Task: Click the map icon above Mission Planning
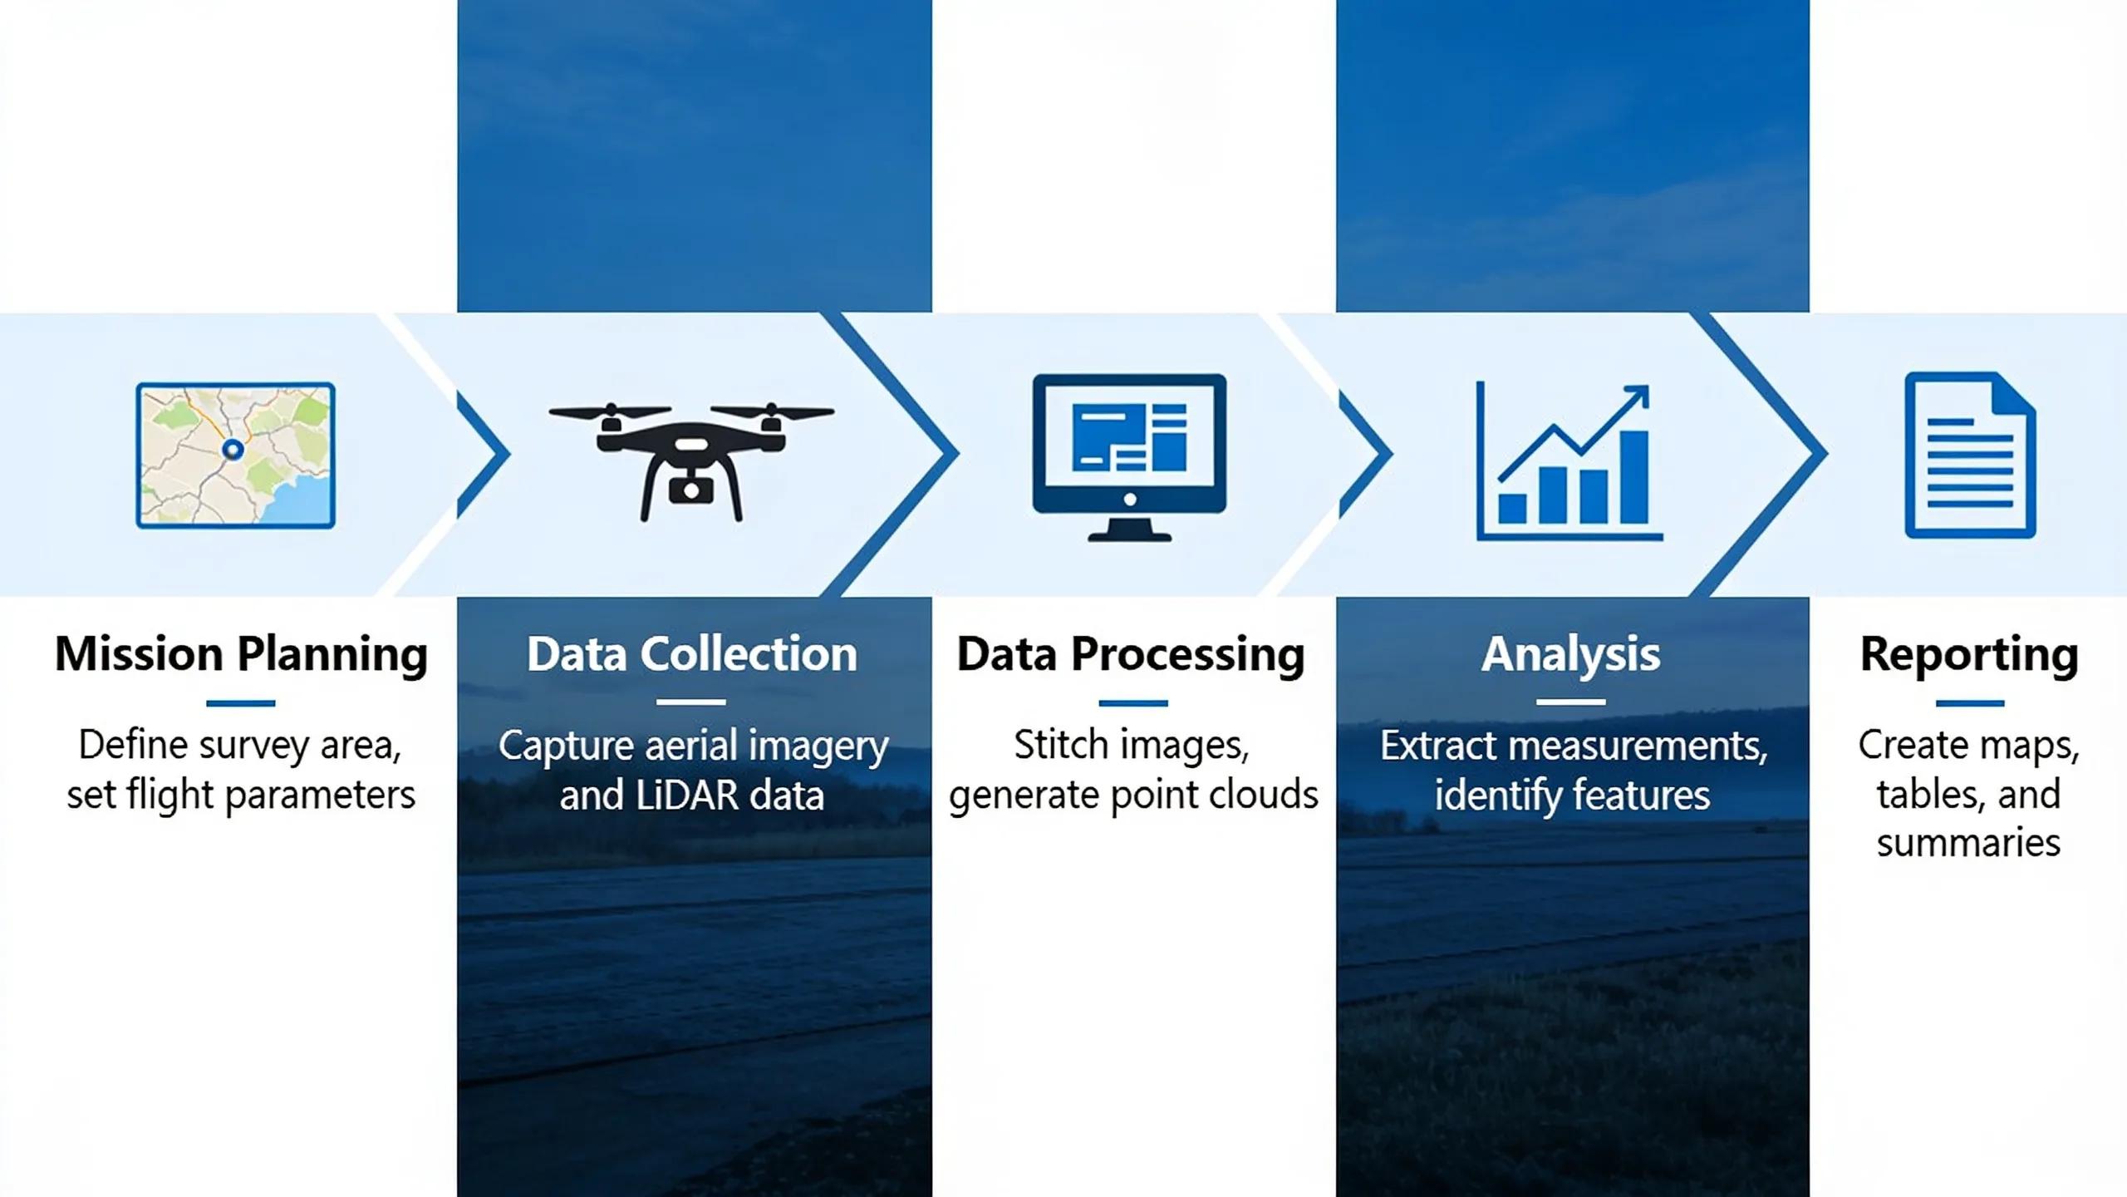(236, 456)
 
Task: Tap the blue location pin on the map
(233, 450)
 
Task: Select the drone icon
(691, 461)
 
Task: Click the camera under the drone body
(690, 490)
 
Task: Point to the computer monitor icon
(1129, 457)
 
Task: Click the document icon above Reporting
(1970, 455)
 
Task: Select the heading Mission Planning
(241, 655)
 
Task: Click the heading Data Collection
(692, 654)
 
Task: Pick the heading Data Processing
(1131, 655)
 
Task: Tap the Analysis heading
(1571, 655)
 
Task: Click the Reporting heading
(1969, 655)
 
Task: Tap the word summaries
(1969, 843)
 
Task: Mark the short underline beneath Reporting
(1970, 703)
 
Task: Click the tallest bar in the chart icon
(1634, 476)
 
